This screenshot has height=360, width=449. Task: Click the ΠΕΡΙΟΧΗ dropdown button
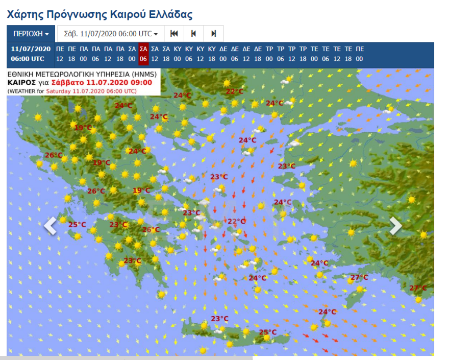[x=31, y=34]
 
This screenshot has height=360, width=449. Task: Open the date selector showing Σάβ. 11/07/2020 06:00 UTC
[x=111, y=34]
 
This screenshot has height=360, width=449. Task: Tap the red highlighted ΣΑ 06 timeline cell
[x=143, y=54]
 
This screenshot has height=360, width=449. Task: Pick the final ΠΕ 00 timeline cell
[x=360, y=54]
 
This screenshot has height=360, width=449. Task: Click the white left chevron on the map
[x=51, y=226]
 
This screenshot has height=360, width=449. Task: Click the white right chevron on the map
[x=395, y=226]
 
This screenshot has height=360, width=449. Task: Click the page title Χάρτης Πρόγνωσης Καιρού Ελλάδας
[x=100, y=14]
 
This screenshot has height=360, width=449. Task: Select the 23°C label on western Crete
[x=220, y=319]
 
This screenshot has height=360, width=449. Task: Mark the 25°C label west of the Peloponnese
[x=77, y=225]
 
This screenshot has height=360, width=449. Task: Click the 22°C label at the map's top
[x=235, y=91]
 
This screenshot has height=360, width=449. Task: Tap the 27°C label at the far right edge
[x=418, y=288]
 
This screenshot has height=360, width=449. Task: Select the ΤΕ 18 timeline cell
[x=348, y=54]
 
